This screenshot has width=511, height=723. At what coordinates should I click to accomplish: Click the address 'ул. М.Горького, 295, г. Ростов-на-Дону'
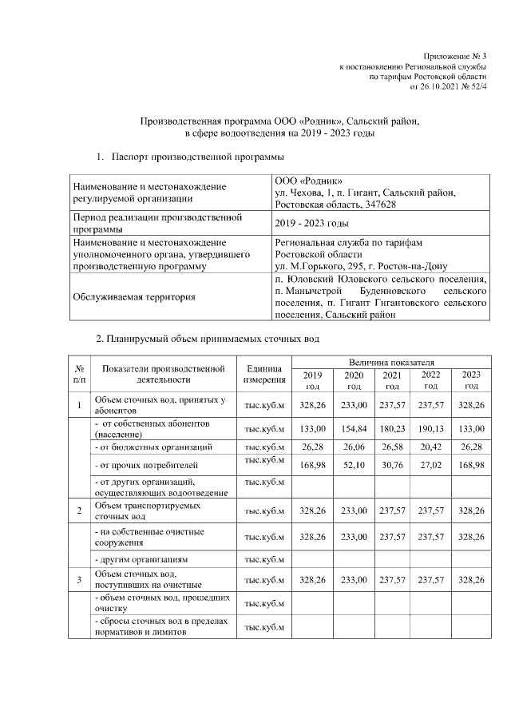(360, 265)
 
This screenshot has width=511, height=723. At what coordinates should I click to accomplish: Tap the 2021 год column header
(391, 380)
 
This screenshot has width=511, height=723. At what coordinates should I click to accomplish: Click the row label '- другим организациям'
(140, 559)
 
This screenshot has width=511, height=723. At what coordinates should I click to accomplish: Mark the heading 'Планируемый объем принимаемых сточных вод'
(208, 340)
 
